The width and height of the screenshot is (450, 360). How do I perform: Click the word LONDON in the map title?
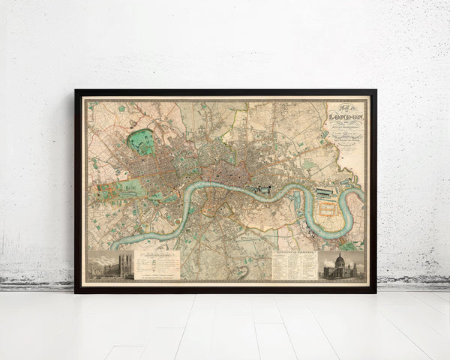[346, 118]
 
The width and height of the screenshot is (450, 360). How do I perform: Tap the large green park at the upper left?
[139, 140]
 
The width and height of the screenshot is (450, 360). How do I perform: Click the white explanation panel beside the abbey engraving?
[157, 265]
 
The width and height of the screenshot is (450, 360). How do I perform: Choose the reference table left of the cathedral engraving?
[293, 265]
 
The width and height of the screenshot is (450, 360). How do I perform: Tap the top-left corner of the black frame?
[76, 91]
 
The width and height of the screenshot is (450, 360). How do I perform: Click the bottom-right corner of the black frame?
[375, 292]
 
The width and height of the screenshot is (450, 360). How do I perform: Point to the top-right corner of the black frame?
[375, 91]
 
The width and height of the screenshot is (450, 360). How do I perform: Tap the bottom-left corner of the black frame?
[76, 292]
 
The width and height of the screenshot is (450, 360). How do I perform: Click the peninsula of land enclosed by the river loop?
[328, 214]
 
